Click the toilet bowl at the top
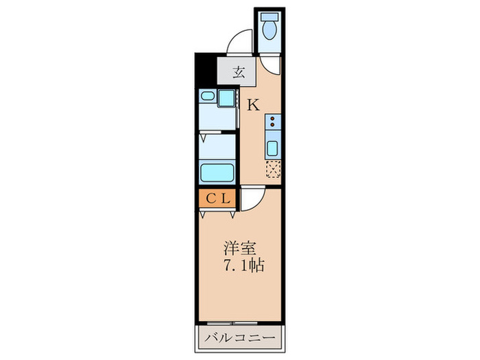click(x=271, y=31)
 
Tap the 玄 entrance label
click(x=237, y=71)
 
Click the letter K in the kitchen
click(x=253, y=105)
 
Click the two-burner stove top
click(x=274, y=123)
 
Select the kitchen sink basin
click(x=273, y=148)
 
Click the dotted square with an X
click(x=273, y=167)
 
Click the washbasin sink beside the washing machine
click(x=208, y=98)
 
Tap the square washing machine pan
click(x=226, y=97)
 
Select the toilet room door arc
click(x=271, y=64)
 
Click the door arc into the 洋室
click(x=252, y=200)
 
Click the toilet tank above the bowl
click(x=271, y=16)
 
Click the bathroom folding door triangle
click(x=203, y=138)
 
